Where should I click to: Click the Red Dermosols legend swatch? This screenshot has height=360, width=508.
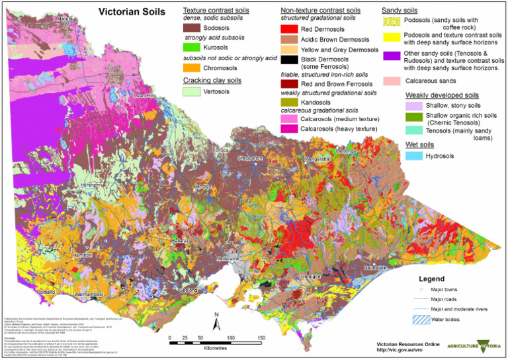coord(289,29)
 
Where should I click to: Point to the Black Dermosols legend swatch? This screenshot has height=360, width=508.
coord(289,60)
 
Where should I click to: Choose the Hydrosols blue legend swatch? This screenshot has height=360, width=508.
coord(413,155)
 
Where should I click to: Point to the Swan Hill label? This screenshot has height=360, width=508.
coord(143,97)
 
